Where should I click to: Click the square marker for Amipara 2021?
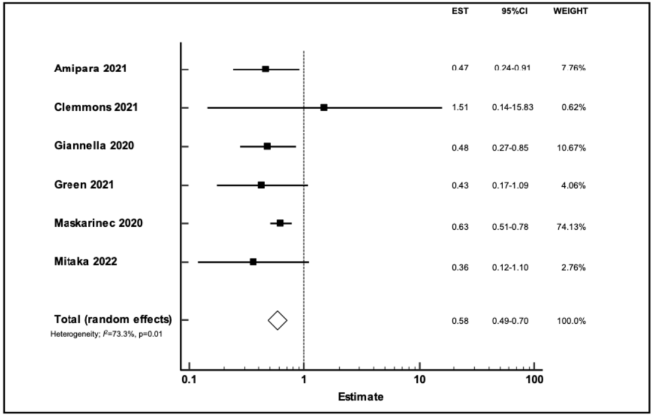265,69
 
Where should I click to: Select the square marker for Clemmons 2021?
324,107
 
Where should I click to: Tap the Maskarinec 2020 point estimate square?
280,223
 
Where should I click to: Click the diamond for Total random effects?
277,320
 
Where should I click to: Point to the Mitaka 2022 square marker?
253,262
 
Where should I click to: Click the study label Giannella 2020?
94,146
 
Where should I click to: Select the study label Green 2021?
84,184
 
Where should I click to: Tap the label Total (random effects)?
113,319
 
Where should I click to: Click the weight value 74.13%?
573,227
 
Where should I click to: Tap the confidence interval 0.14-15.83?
512,107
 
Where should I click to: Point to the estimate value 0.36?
460,267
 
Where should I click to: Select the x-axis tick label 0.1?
190,380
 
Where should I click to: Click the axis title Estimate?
360,397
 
